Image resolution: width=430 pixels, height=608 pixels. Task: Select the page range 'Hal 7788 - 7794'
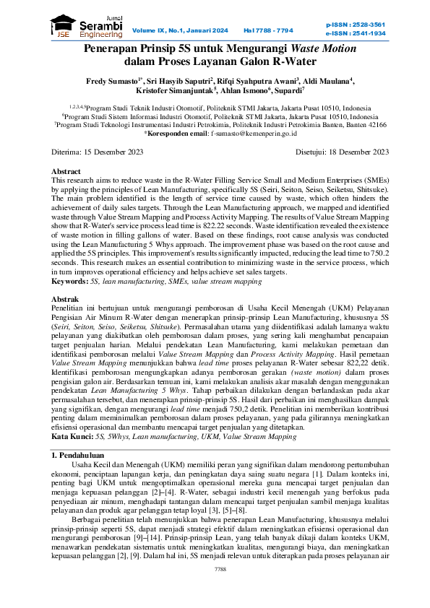click(x=268, y=30)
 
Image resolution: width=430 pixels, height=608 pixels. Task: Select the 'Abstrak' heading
click(x=66, y=299)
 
